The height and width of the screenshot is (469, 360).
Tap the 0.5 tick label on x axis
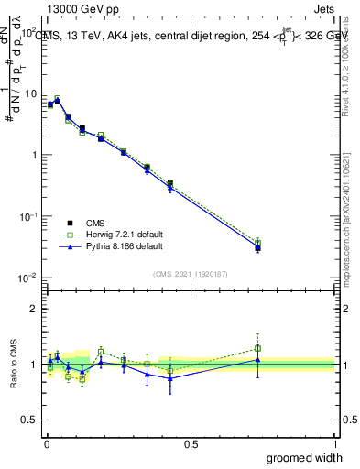(191, 444)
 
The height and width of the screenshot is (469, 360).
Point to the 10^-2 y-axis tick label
(27, 278)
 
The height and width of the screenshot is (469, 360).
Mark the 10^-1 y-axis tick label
(27, 216)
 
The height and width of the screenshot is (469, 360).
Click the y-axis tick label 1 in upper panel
(32, 155)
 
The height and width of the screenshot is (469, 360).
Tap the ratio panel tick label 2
(32, 309)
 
